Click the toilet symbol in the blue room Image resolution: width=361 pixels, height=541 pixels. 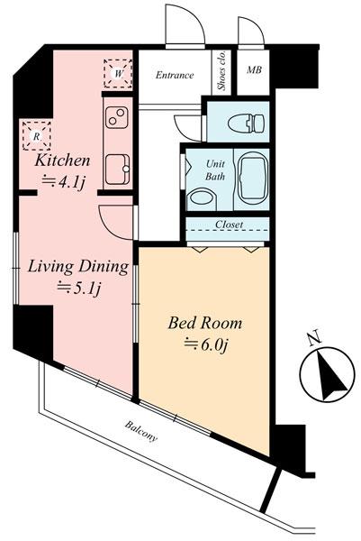coord(246,124)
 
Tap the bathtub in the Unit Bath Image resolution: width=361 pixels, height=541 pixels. coord(252,179)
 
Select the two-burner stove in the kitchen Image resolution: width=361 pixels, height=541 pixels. coord(116,117)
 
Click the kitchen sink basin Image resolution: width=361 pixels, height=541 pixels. coord(117,170)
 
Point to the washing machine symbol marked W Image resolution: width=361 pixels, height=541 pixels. coord(119,74)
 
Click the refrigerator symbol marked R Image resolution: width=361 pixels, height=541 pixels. coord(37,135)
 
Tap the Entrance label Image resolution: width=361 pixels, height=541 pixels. coord(175,75)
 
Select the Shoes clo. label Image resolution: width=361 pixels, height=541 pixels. coord(221,71)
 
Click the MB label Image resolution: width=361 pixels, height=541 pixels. coord(254,69)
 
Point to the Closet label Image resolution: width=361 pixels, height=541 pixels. coord(229,225)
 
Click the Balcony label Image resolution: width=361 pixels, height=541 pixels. coord(140,431)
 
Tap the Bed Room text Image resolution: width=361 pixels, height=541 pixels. coord(205,324)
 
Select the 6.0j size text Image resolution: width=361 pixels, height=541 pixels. coord(206,344)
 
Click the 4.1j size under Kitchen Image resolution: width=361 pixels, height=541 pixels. coord(63,182)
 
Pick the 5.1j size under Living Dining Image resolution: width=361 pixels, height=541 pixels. coord(79,288)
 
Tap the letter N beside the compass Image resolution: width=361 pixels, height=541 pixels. coord(314,338)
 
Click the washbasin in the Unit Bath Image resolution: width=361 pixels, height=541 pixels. coord(201,198)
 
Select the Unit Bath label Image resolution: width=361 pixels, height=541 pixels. coord(215,170)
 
